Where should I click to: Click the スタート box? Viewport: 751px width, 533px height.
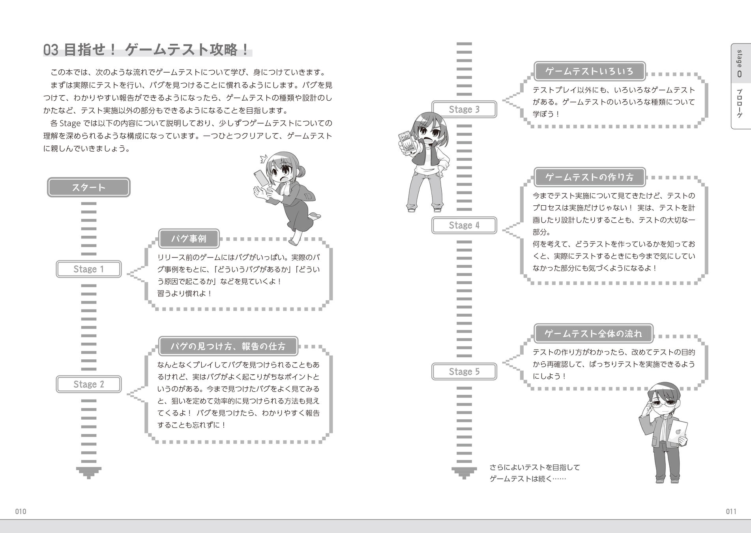(88, 187)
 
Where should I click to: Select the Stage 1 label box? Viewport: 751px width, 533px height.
(88, 269)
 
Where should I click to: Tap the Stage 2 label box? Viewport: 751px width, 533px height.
(88, 385)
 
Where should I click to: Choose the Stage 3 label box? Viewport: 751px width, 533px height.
(464, 109)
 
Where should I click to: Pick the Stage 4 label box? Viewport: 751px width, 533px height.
(464, 225)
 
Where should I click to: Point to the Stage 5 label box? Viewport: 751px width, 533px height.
(464, 372)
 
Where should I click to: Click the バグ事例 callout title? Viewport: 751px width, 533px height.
(189, 238)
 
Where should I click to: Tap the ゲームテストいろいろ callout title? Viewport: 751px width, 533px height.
(589, 71)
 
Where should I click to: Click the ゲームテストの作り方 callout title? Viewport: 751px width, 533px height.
(589, 177)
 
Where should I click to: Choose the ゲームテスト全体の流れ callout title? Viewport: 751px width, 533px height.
(593, 334)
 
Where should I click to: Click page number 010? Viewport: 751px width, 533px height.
(21, 512)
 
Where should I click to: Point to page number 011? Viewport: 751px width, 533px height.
(731, 512)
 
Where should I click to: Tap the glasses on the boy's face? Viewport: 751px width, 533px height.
(663, 404)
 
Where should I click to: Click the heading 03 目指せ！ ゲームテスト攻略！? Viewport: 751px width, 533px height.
(146, 50)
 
